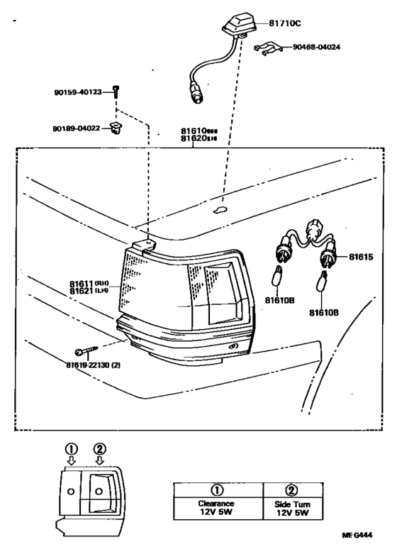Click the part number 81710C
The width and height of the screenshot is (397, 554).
point(286,23)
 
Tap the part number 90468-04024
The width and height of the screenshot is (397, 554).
point(326,48)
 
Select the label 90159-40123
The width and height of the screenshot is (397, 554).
point(77,92)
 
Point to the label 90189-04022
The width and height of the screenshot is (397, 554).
point(77,128)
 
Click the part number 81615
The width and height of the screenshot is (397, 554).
point(360,256)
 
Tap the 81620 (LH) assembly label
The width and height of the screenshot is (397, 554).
point(200,139)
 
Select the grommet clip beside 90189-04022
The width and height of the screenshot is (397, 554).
point(115,128)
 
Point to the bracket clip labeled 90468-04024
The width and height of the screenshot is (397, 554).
point(266,49)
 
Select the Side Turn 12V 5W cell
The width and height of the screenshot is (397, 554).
point(292,508)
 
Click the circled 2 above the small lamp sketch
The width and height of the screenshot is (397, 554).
point(100,450)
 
